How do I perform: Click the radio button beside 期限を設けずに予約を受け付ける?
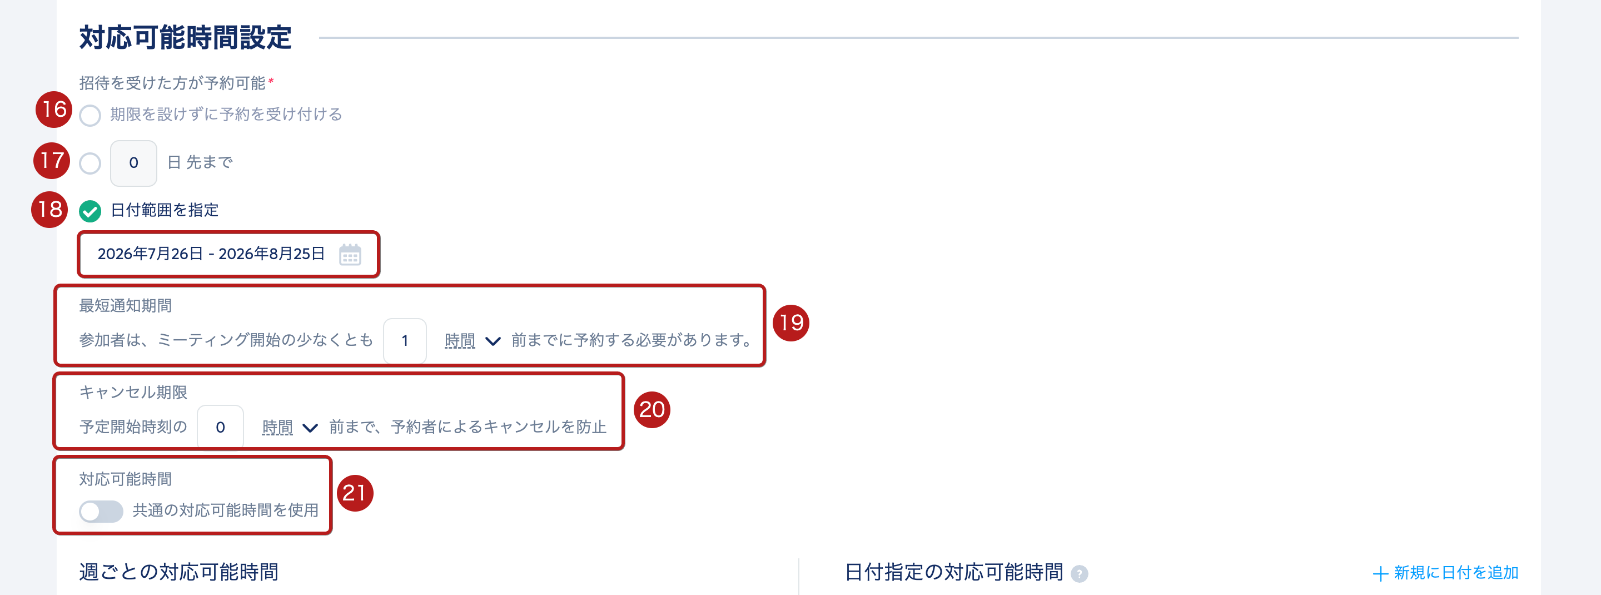pyautogui.click(x=90, y=116)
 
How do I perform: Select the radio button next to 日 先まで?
pyautogui.click(x=90, y=163)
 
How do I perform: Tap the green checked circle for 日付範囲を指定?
pyautogui.click(x=90, y=211)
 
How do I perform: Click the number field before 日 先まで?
pyautogui.click(x=133, y=163)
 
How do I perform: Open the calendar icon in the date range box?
pyautogui.click(x=350, y=254)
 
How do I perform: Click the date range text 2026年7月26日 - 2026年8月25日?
pyautogui.click(x=211, y=254)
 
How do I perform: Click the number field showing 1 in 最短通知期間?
pyautogui.click(x=405, y=340)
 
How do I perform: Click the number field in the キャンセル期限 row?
pyautogui.click(x=220, y=427)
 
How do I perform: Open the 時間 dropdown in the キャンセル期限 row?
pyautogui.click(x=290, y=427)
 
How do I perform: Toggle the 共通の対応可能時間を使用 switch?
pyautogui.click(x=101, y=511)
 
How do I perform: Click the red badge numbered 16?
pyautogui.click(x=54, y=110)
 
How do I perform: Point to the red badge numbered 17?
pyautogui.click(x=52, y=160)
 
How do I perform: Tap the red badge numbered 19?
pyautogui.click(x=790, y=323)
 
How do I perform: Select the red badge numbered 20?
pyautogui.click(x=652, y=409)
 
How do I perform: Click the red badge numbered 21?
pyautogui.click(x=354, y=493)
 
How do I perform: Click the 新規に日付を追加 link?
pyautogui.click(x=1445, y=573)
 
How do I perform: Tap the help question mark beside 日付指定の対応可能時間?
pyautogui.click(x=1079, y=574)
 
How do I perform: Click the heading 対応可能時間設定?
pyautogui.click(x=185, y=37)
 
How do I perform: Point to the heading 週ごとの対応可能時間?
pyautogui.click(x=178, y=572)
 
